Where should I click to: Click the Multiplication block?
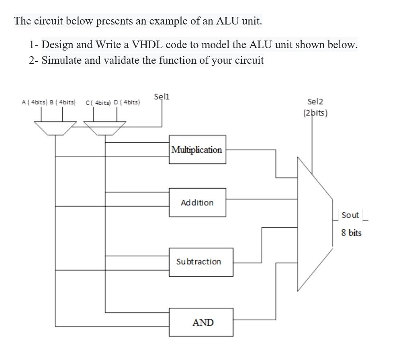click(x=197, y=150)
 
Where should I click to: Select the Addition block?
click(x=197, y=203)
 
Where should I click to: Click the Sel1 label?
click(x=162, y=97)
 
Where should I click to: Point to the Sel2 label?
click(x=315, y=102)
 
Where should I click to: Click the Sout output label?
click(x=350, y=215)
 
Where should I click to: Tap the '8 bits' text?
click(x=352, y=233)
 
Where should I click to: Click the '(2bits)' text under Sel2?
click(x=315, y=113)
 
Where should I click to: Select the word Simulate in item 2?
click(x=61, y=61)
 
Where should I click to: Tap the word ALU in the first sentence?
click(x=228, y=21)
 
